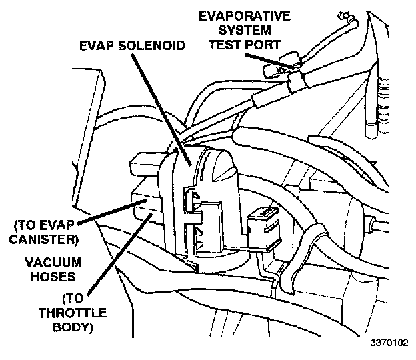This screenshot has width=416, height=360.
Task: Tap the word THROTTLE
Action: [51, 311]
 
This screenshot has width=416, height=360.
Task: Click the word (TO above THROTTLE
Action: [51, 297]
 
